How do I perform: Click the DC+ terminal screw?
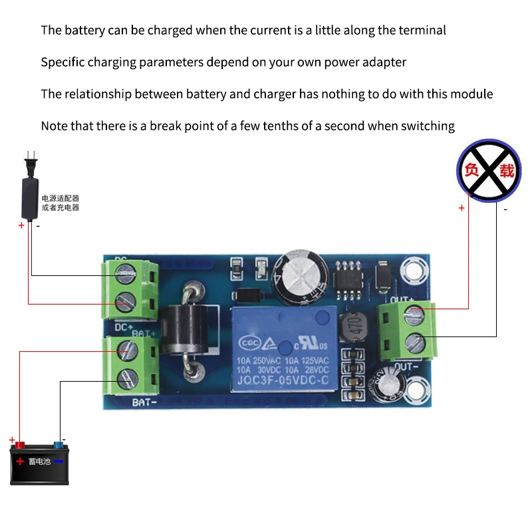pyautogui.click(x=125, y=299)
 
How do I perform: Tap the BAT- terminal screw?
pyautogui.click(x=126, y=379)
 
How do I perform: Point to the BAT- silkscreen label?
pyautogui.click(x=145, y=402)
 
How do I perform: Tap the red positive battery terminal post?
pyautogui.click(x=20, y=444)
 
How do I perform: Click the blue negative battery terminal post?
pyautogui.click(x=59, y=444)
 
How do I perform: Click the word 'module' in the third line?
pyautogui.click(x=470, y=94)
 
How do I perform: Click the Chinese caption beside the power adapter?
pyautogui.click(x=61, y=203)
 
